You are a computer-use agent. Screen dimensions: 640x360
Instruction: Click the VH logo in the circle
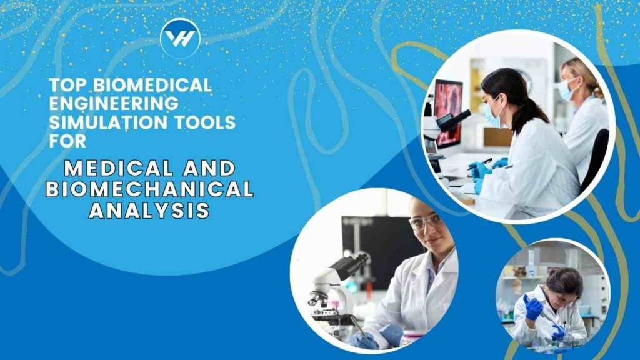[x=181, y=38]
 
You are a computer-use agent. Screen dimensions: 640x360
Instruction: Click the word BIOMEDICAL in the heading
[x=152, y=85]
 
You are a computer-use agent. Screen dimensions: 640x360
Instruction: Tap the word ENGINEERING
[x=114, y=103]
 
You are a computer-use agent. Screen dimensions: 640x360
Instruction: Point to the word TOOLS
[x=204, y=122]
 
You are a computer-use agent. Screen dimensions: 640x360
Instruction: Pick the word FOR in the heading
[x=67, y=141]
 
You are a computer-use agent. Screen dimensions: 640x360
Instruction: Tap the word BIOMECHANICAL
[x=150, y=189]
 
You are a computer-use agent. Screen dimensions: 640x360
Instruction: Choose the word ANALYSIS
[x=150, y=211]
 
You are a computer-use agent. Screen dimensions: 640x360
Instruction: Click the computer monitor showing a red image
[x=448, y=114]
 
